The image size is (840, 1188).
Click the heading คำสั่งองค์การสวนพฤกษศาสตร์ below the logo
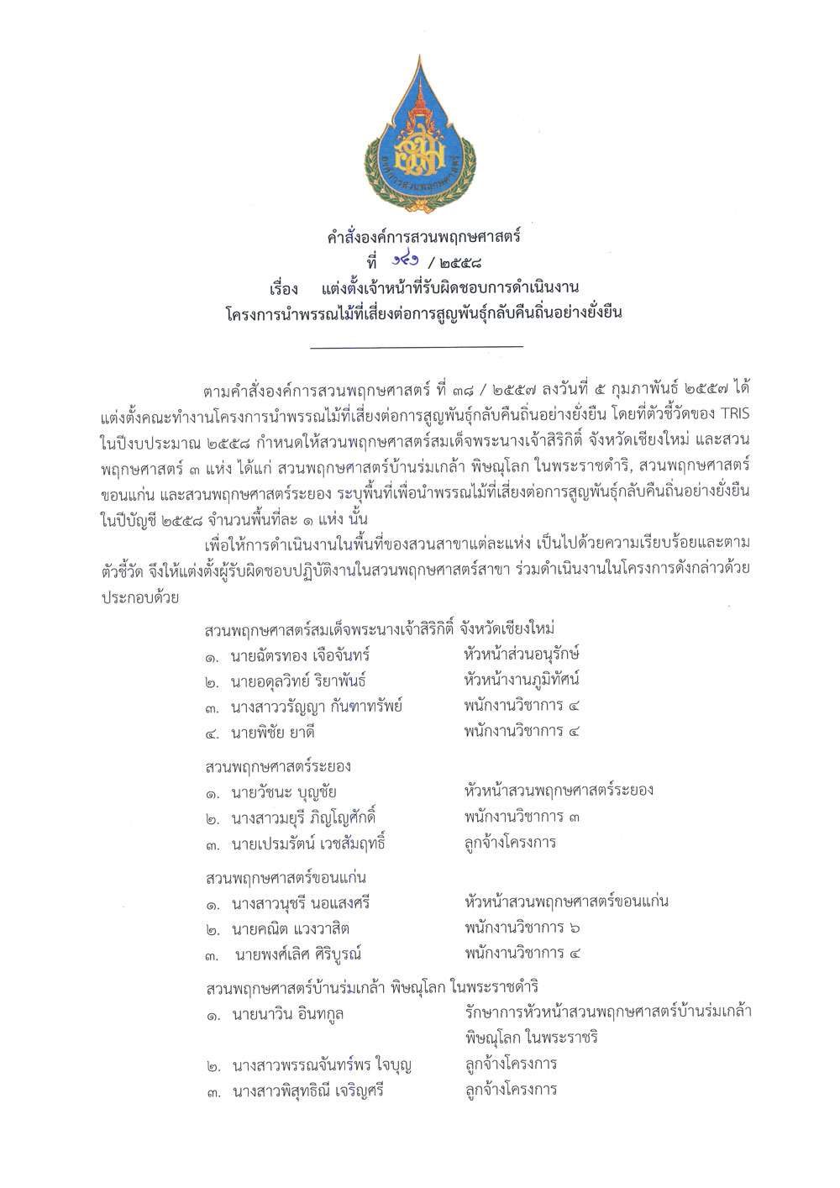[x=423, y=237]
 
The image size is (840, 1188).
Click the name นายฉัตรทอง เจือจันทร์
[x=300, y=655]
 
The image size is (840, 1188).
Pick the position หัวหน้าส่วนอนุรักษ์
[x=521, y=654]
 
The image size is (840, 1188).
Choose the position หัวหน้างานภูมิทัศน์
[x=521, y=679]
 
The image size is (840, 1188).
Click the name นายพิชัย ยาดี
[x=272, y=733]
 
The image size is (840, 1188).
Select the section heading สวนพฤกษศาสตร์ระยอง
[x=278, y=766]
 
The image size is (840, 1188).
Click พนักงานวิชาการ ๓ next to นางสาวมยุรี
[x=521, y=817]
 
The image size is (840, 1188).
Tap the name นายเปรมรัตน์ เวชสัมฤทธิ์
[x=307, y=844]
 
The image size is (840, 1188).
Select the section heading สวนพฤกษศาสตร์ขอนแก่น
[x=286, y=878]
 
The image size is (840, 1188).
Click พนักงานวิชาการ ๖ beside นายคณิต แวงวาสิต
[x=521, y=928]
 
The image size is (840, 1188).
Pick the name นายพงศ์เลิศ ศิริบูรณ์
[x=298, y=954]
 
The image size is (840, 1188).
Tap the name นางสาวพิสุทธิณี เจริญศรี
[x=308, y=1092]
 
